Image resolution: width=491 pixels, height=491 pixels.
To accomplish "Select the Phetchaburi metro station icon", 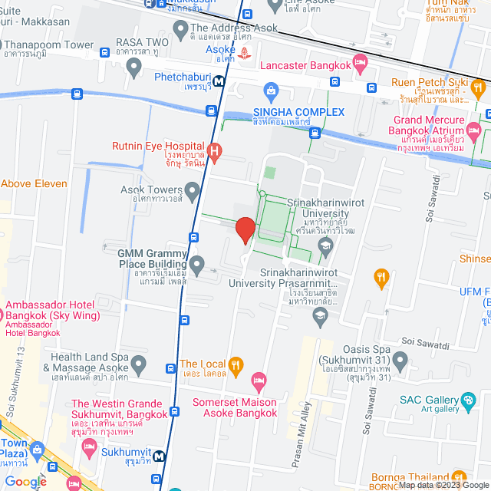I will [x=219, y=80].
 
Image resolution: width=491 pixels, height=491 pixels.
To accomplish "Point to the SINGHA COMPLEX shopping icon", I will [x=270, y=93].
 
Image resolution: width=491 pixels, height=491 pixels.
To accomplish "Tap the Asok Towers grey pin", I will [x=193, y=189].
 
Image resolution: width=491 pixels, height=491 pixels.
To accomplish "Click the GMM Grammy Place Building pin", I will [x=197, y=265].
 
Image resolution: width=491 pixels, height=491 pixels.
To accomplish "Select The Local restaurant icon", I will [x=237, y=364].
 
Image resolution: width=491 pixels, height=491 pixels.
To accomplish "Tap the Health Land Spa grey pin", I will [x=138, y=363].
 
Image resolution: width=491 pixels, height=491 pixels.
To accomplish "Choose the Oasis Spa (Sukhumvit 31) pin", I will [x=399, y=359].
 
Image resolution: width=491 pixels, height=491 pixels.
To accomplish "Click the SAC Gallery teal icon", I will [x=467, y=400].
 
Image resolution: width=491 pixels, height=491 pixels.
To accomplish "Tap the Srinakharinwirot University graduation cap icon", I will [x=325, y=245].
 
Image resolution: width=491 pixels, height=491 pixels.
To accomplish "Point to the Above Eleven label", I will [x=34, y=183].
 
